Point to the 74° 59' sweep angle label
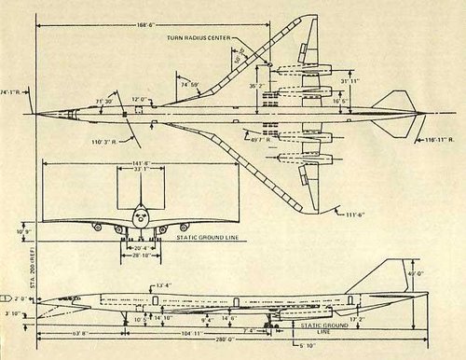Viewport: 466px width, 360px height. point(190,83)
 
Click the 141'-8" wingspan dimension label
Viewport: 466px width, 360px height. point(142,162)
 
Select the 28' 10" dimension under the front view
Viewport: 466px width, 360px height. point(141,255)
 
